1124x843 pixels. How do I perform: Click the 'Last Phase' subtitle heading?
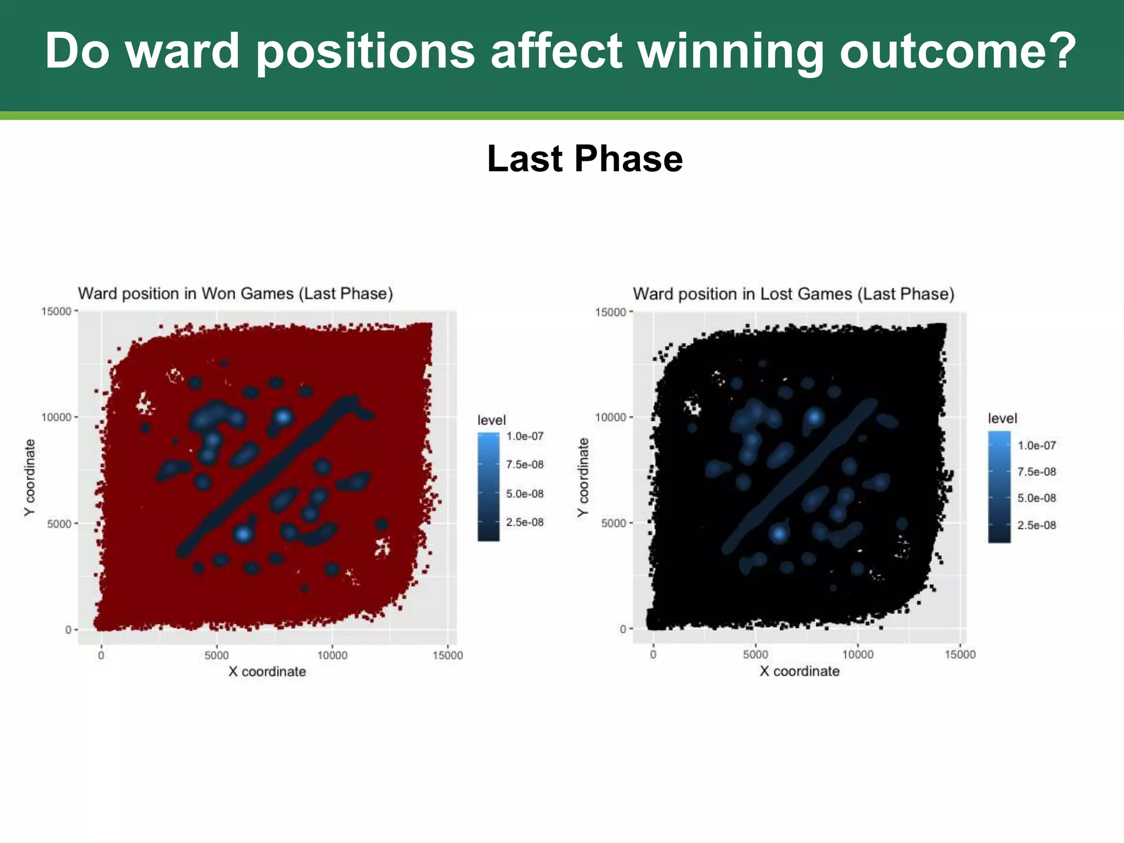[585, 159]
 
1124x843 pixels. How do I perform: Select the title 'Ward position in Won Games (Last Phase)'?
[235, 294]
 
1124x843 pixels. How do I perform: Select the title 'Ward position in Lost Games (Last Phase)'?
[794, 294]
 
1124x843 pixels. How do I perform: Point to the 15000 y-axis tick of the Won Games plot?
[57, 311]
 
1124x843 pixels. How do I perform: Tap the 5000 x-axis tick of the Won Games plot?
[216, 655]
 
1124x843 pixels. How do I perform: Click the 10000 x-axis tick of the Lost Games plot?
[857, 654]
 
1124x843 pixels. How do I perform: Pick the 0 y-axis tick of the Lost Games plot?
[623, 629]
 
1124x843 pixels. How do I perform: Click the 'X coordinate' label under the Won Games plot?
[267, 672]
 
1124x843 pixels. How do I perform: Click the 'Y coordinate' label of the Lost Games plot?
[583, 477]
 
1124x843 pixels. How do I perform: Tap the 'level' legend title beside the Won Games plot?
[491, 420]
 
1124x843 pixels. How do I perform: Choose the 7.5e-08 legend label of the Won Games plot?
[525, 465]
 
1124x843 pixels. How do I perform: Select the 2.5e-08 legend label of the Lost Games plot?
[1036, 525]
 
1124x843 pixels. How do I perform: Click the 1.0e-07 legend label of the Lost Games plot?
[1036, 446]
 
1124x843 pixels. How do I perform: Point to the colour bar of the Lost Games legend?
[999, 487]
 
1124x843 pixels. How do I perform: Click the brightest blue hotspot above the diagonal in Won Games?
[283, 416]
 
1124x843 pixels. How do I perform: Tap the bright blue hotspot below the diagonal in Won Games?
[243, 533]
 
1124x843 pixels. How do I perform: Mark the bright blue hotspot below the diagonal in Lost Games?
[778, 533]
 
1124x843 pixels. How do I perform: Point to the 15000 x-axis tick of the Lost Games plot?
[960, 654]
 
